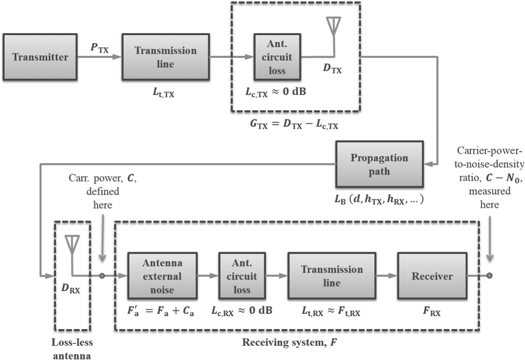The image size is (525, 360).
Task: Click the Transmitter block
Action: tap(40, 57)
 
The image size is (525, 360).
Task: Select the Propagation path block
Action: tap(379, 164)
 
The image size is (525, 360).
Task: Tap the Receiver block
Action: tap(432, 276)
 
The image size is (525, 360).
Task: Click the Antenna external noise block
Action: tap(162, 276)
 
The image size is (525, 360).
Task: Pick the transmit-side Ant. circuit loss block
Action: tap(277, 57)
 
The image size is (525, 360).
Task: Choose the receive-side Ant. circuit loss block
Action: tap(242, 276)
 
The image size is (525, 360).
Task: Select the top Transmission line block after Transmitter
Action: tap(165, 57)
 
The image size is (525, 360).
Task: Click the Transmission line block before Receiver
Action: tap(331, 276)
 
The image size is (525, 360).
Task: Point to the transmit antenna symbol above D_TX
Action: tap(333, 26)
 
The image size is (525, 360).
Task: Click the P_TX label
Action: tap(99, 48)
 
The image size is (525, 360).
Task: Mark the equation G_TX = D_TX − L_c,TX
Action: tap(294, 124)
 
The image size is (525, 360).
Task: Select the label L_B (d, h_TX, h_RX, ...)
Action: tap(379, 199)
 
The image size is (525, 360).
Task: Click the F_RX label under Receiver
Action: tap(432, 311)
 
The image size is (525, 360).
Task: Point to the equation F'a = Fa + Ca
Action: tap(160, 311)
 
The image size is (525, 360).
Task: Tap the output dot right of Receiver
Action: tap(489, 276)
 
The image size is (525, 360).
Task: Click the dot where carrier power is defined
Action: tap(102, 276)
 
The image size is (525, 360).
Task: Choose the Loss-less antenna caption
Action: tap(72, 349)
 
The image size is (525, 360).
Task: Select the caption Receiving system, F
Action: tap(289, 342)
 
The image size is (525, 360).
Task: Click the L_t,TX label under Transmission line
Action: tap(163, 92)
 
